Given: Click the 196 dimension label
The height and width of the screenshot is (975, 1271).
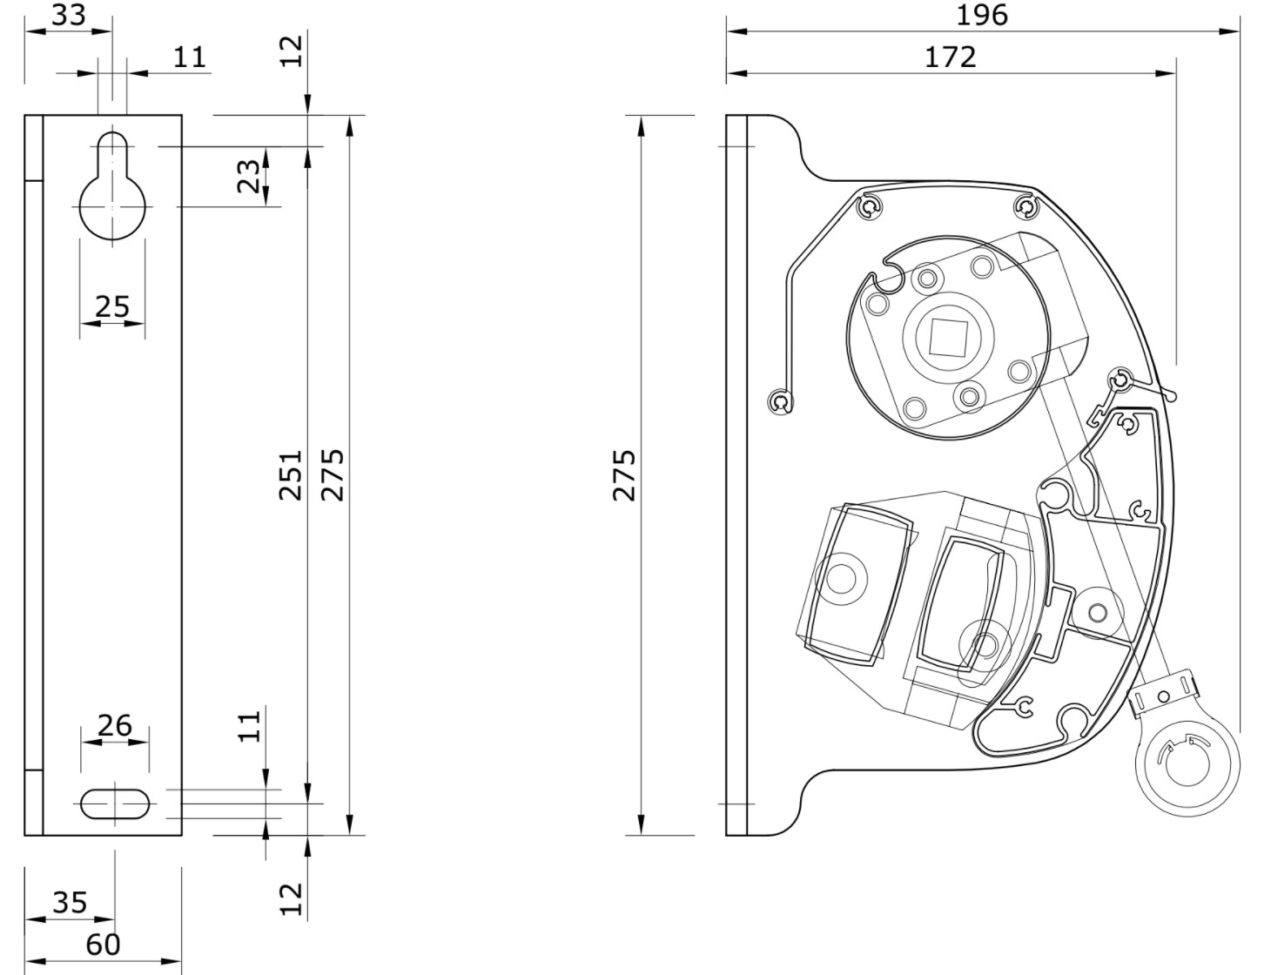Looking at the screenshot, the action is [981, 15].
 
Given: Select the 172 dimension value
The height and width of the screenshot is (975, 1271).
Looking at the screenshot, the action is [950, 57].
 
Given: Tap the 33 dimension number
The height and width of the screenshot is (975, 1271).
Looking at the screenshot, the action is [69, 15].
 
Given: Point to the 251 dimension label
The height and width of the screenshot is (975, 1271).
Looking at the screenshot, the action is [290, 475].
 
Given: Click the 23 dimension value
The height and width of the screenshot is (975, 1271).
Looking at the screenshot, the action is [248, 176].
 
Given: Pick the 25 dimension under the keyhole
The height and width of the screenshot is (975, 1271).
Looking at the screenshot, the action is [112, 306].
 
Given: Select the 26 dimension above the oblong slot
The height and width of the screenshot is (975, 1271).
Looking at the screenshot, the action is [115, 726].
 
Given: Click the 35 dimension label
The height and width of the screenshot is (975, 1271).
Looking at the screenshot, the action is [70, 903].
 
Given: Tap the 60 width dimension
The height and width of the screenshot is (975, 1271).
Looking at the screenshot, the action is [103, 945].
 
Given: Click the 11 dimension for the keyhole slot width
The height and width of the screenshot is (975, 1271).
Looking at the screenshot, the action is [190, 57].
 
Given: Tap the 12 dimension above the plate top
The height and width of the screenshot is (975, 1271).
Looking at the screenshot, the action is [292, 51].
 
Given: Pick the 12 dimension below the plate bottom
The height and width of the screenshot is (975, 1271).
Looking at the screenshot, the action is [292, 899].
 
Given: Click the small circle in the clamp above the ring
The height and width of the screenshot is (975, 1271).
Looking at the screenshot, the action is [1163, 696].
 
